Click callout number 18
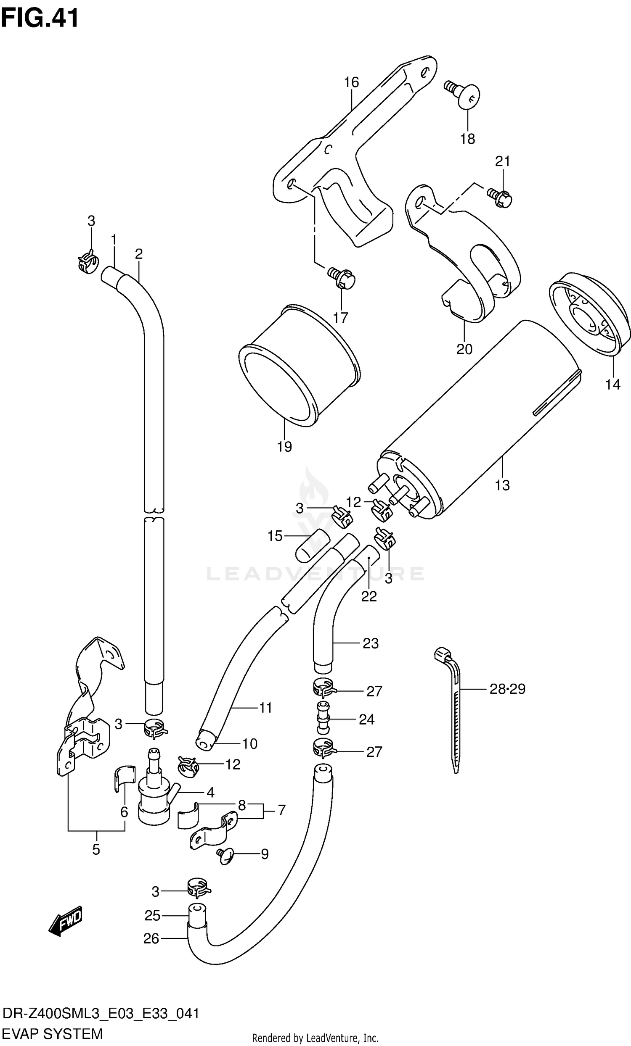tap(467, 139)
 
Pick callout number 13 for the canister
tap(502, 485)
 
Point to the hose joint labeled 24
tap(323, 718)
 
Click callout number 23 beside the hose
tap(370, 643)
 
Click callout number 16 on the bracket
tap(351, 82)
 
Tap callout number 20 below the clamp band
tap(464, 349)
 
